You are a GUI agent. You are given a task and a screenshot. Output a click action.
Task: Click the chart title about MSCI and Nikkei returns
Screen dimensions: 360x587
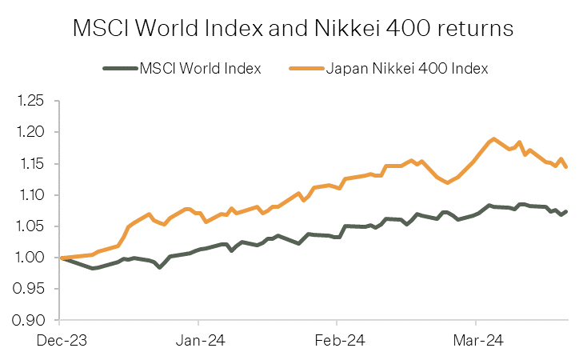293,29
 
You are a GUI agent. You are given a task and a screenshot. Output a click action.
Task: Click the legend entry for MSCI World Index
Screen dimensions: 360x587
200,68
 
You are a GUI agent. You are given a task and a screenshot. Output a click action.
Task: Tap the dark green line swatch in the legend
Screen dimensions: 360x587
119,68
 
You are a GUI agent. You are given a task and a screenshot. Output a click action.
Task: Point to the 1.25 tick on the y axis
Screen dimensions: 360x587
33,101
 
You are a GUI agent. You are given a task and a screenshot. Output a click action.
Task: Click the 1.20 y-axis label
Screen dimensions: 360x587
33,132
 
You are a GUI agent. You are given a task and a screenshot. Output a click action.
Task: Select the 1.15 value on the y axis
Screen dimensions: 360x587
33,164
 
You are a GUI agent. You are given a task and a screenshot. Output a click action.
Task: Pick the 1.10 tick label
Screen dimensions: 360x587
33,195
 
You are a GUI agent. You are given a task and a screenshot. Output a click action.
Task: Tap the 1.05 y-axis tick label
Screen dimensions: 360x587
33,226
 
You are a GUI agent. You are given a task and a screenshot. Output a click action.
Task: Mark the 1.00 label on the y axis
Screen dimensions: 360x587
33,258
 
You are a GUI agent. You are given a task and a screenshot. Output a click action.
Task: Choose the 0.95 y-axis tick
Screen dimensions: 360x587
33,289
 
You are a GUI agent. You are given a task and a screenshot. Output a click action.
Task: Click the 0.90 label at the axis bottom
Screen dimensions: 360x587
33,321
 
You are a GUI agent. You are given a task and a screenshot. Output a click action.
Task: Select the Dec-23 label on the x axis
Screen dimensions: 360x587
62,341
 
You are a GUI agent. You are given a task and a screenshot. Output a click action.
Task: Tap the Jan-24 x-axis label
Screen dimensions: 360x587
199,341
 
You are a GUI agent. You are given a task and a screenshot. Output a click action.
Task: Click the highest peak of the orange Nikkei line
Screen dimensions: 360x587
494,139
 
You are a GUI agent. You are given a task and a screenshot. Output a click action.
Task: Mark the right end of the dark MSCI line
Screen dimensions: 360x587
566,212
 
